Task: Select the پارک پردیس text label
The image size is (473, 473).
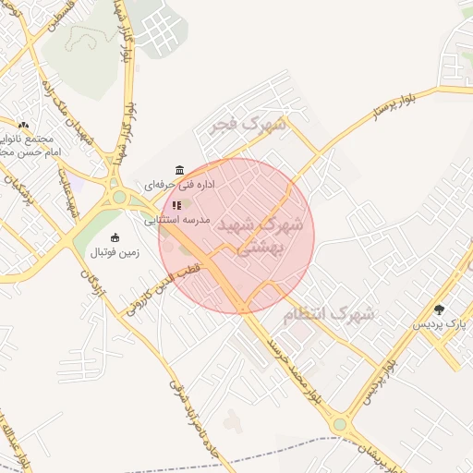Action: tap(440, 324)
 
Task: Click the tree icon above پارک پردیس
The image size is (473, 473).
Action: tap(440, 309)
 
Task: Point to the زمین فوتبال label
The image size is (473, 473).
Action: tap(115, 252)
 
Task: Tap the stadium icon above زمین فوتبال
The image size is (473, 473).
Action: tap(115, 237)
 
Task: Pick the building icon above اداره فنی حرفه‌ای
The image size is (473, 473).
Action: tap(178, 171)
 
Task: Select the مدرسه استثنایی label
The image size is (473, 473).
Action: tap(177, 221)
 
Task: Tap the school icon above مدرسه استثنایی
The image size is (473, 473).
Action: tap(176, 205)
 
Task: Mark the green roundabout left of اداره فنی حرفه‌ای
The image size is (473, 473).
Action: tap(118, 196)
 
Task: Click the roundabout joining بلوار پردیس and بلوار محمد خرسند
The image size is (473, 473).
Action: tap(339, 425)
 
